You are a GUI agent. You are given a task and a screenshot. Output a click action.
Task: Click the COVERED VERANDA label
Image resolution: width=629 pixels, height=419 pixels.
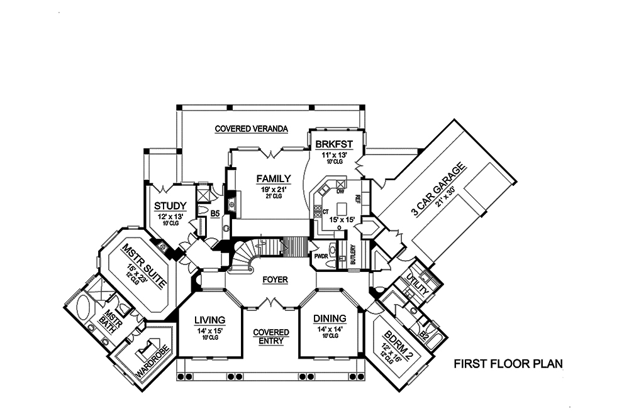251,129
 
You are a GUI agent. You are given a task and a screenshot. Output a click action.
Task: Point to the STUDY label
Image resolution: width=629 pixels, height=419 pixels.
170,205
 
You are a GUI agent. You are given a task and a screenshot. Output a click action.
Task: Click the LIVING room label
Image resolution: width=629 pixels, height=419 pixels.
209,318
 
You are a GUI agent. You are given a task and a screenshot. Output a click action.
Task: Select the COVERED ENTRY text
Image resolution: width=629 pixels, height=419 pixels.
271,337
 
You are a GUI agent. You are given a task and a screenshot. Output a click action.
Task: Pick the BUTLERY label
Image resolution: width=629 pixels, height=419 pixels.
354,254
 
